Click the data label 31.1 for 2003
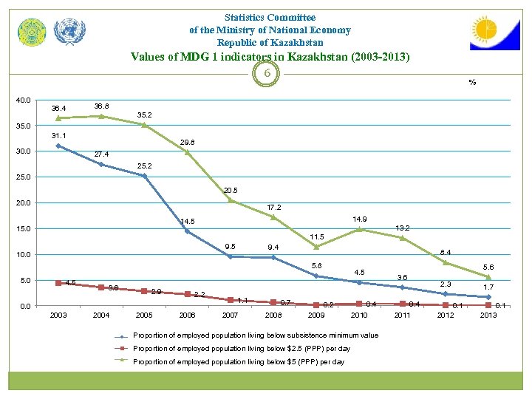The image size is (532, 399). click(58, 136)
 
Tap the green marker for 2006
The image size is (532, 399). click(187, 152)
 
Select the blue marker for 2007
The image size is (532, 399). click(230, 256)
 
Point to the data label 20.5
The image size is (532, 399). click(231, 190)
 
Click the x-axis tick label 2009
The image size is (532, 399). click(316, 316)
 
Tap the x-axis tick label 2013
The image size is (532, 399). click(488, 316)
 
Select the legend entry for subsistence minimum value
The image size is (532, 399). click(255, 335)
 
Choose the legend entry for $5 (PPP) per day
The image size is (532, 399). click(238, 361)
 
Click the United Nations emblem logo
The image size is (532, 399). click(70, 31)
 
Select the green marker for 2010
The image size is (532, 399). click(359, 229)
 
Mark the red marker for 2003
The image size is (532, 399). click(58, 283)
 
